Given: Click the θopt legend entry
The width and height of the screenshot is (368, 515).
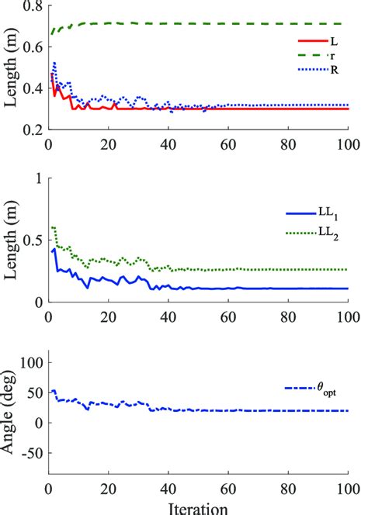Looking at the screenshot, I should pyautogui.click(x=311, y=393).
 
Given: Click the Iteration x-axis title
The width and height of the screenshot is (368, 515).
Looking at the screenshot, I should pyautogui.click(x=197, y=508).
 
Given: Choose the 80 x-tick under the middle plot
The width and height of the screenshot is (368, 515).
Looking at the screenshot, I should pyautogui.click(x=287, y=316).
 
